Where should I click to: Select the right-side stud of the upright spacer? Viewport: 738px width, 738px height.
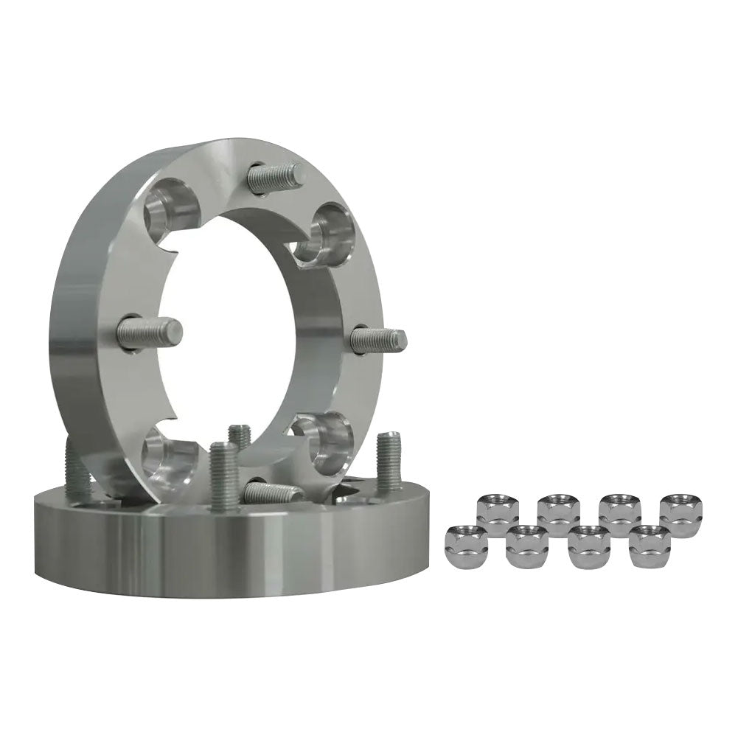[379, 340]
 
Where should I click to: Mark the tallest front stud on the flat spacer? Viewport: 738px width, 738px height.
[222, 475]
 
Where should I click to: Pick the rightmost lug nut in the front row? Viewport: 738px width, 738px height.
[647, 545]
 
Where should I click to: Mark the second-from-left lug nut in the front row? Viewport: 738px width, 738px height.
[526, 545]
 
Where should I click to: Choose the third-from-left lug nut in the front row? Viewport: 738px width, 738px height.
[587, 545]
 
